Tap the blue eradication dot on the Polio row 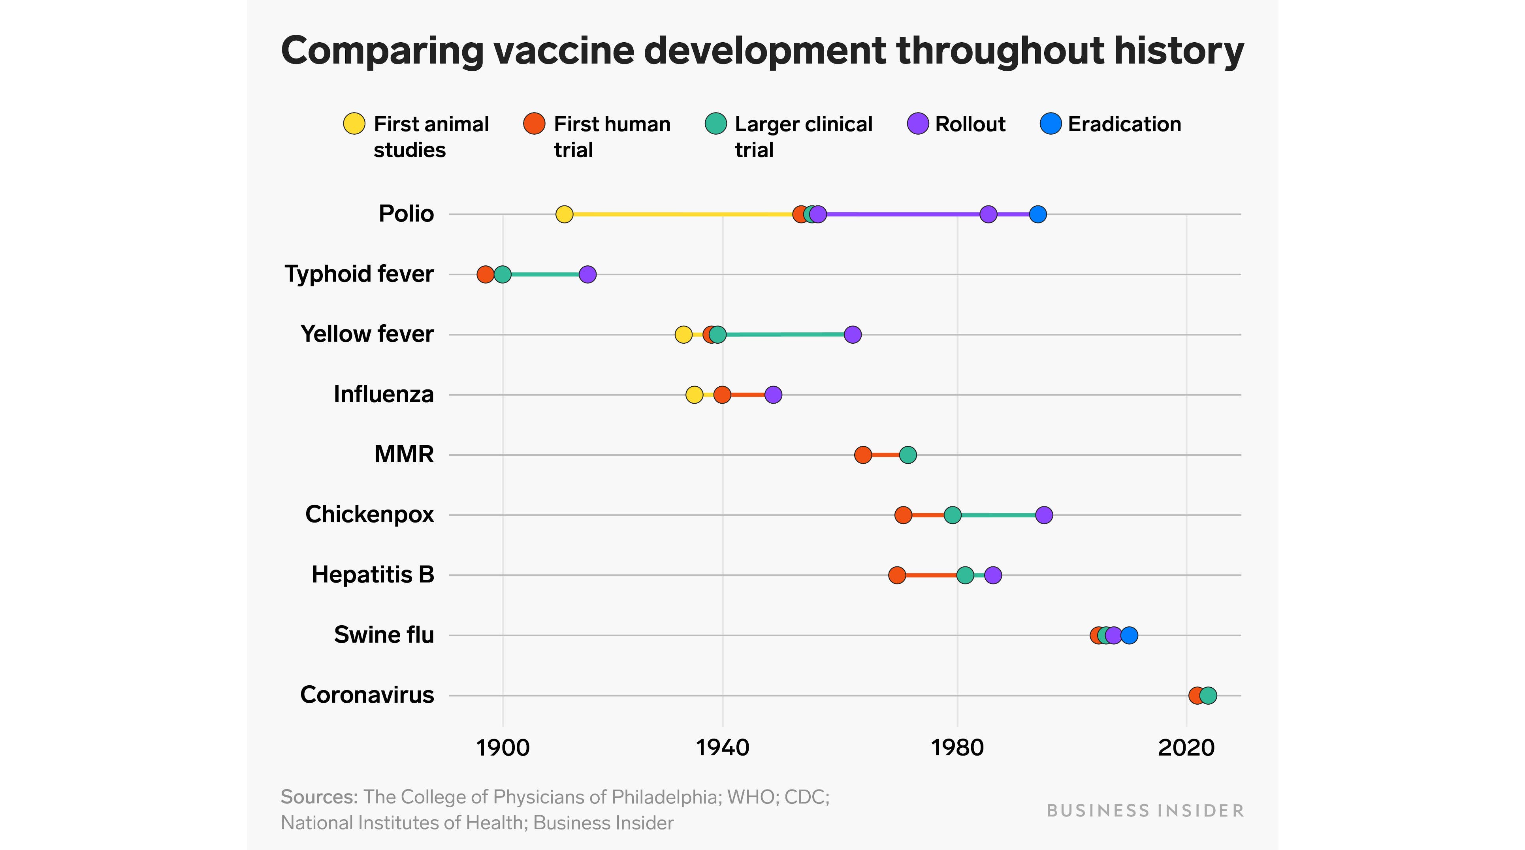tap(1037, 214)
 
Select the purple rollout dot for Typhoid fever tap(587, 275)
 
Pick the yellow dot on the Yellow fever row tap(683, 335)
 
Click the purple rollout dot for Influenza tap(773, 395)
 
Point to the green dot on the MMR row tap(907, 455)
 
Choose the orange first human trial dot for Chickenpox tap(903, 515)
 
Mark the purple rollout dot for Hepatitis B tap(993, 575)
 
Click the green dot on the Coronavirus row tap(1208, 696)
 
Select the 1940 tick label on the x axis tap(722, 748)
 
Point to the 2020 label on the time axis tap(1186, 748)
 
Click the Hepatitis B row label tap(373, 575)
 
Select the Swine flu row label tap(384, 635)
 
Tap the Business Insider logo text tap(1145, 811)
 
